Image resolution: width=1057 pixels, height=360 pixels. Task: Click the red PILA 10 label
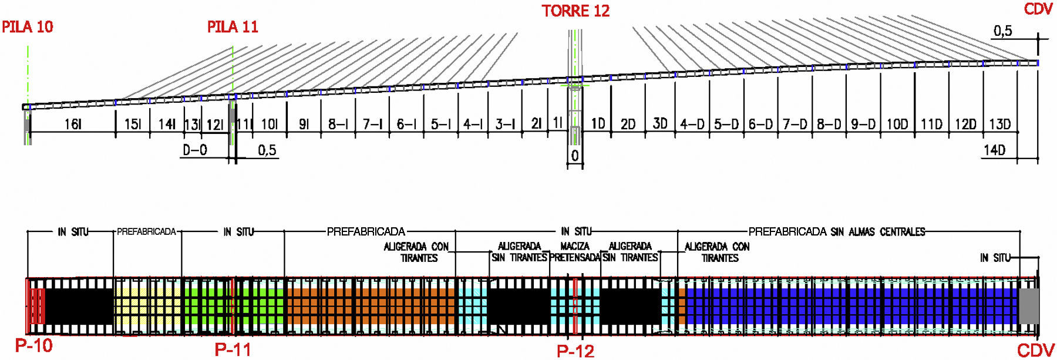28,26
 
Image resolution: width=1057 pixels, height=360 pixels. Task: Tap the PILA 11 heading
233,26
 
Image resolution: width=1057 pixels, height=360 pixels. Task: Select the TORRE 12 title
575,11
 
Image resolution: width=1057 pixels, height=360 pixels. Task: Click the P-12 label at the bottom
575,351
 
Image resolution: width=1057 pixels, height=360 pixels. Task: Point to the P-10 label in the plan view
33,345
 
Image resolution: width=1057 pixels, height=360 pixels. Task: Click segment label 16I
73,125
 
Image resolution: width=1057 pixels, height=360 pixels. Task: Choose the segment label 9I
304,125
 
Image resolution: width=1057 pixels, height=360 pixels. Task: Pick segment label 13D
999,125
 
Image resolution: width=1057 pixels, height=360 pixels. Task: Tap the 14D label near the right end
994,150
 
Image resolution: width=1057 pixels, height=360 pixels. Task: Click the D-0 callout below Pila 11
195,150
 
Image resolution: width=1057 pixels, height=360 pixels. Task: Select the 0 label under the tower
575,156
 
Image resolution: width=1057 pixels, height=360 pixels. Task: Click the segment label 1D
598,124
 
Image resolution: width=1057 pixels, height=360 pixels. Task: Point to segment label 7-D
795,125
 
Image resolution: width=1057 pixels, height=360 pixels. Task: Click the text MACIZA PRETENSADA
575,252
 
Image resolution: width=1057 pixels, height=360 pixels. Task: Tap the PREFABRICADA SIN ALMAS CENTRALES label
836,232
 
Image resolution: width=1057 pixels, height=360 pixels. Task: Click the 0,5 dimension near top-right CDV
1002,31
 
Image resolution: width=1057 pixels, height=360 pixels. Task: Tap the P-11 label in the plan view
233,350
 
